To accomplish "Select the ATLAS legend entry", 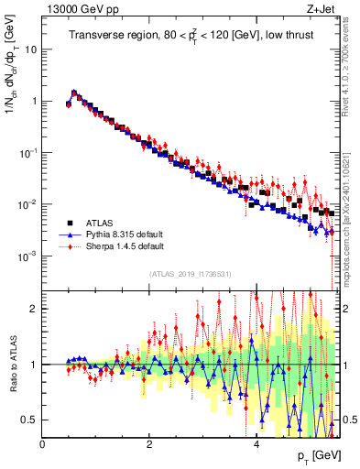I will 99,223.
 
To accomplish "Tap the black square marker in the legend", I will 69,223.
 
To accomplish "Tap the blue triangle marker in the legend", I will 69,234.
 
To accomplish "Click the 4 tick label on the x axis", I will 256,444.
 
